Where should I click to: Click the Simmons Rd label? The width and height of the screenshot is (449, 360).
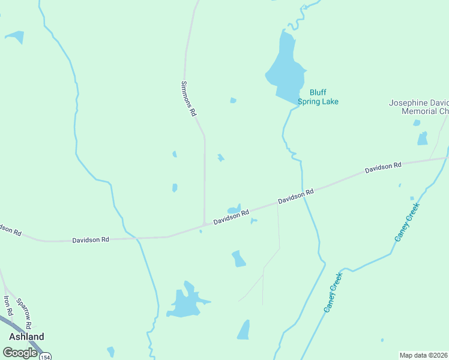tap(188, 98)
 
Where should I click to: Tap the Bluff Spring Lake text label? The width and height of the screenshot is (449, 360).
tap(324, 97)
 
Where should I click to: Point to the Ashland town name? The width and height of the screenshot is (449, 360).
tap(26, 337)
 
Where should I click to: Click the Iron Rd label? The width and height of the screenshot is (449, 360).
tap(8, 305)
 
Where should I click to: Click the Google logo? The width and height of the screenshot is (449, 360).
tap(20, 352)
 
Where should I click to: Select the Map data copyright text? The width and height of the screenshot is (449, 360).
tap(423, 355)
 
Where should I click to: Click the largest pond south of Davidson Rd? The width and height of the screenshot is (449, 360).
tap(185, 304)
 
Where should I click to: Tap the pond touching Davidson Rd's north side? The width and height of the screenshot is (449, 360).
tap(235, 209)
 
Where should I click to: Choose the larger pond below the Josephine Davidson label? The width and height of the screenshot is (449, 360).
tap(423, 139)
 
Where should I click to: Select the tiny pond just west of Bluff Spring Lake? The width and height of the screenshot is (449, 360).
tap(233, 100)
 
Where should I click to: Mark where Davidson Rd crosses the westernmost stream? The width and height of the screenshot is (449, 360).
tap(137, 238)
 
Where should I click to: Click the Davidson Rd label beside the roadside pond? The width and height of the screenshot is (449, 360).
tap(231, 217)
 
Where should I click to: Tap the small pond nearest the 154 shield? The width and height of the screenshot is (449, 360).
tap(110, 351)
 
